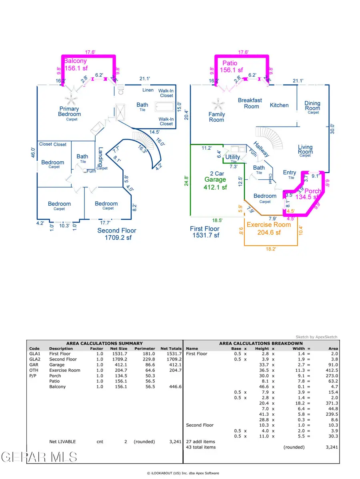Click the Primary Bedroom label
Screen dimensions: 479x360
point(69,112)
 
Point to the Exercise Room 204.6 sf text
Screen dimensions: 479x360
point(268,228)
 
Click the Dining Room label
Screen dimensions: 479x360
point(312,106)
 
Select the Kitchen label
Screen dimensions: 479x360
point(279,105)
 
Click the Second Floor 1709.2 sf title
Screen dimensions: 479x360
point(117,234)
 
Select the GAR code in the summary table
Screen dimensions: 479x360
point(33,365)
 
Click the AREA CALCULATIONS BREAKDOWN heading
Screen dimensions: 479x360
point(261,343)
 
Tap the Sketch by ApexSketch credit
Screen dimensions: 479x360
point(316,337)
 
